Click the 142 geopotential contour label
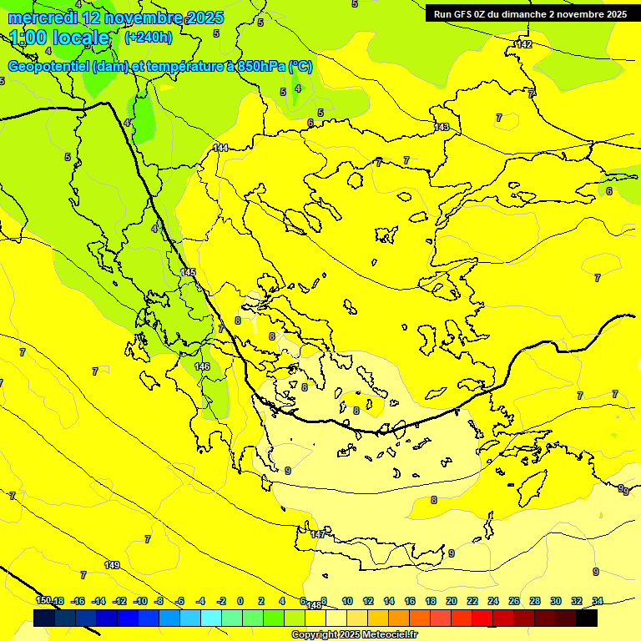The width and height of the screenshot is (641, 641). tap(523, 44)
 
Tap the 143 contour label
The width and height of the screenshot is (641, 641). tap(442, 128)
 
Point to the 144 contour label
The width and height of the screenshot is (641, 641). tap(220, 148)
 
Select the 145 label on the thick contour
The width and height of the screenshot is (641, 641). tap(188, 273)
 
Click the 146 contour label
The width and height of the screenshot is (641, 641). tap(202, 366)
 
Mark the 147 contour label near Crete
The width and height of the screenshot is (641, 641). tap(317, 534)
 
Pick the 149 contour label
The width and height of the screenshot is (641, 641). tap(112, 566)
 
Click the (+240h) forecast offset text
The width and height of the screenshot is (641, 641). tap(148, 37)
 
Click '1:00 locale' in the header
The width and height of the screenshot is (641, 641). tap(59, 38)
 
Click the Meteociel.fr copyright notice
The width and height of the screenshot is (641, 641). tap(354, 635)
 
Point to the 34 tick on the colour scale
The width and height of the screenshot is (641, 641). tap(598, 601)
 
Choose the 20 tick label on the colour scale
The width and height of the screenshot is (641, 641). tap(452, 601)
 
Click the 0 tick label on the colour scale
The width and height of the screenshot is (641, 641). tap(240, 601)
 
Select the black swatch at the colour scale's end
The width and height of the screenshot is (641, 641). tap(587, 618)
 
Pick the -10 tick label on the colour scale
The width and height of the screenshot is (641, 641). tap(140, 601)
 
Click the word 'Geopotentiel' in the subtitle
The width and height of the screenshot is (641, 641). tap(48, 67)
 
